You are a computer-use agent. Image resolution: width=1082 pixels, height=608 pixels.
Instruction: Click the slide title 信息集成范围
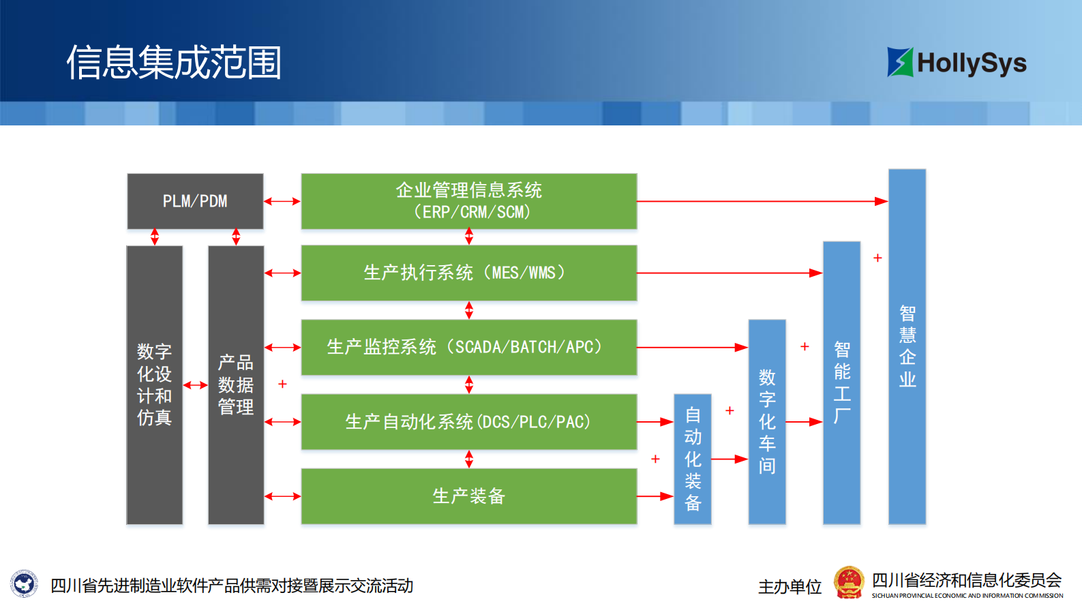pos(174,63)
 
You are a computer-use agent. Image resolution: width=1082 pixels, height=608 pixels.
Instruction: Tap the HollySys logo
pos(957,63)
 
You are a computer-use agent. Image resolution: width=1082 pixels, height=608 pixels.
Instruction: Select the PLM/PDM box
pos(195,201)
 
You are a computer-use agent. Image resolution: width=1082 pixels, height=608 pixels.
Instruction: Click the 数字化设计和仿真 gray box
pos(155,385)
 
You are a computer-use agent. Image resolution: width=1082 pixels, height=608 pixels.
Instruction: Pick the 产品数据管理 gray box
pos(236,385)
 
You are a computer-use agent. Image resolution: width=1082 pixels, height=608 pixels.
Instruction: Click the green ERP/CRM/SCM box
pos(469,201)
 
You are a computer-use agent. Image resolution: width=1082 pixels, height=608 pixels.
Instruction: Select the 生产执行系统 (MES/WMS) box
pos(469,273)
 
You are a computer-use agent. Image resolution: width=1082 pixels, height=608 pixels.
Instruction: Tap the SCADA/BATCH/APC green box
pos(469,347)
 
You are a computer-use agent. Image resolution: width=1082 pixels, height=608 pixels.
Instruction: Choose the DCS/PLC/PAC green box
pos(469,421)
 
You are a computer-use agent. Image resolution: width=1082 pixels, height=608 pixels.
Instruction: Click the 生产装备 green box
pos(469,496)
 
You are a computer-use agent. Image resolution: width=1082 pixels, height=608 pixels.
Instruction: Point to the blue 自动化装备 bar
pos(692,459)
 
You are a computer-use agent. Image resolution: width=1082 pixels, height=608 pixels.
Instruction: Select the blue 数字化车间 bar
pos(767,421)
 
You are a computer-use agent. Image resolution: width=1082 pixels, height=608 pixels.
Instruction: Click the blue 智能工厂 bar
pos(841,382)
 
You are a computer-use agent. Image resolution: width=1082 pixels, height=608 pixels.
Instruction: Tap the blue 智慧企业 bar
pos(907,346)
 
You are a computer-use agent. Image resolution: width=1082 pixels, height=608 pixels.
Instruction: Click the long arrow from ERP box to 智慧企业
pos(762,201)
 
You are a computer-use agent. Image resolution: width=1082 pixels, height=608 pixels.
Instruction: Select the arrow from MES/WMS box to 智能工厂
pos(730,273)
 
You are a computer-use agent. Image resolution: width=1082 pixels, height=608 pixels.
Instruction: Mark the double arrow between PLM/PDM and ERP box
pos(282,201)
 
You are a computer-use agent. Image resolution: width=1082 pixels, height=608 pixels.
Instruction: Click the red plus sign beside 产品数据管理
pos(282,384)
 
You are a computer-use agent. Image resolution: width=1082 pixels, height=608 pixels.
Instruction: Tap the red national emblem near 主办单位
pos(849,583)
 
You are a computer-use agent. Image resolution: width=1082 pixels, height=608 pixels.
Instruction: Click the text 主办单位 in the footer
pos(790,586)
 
